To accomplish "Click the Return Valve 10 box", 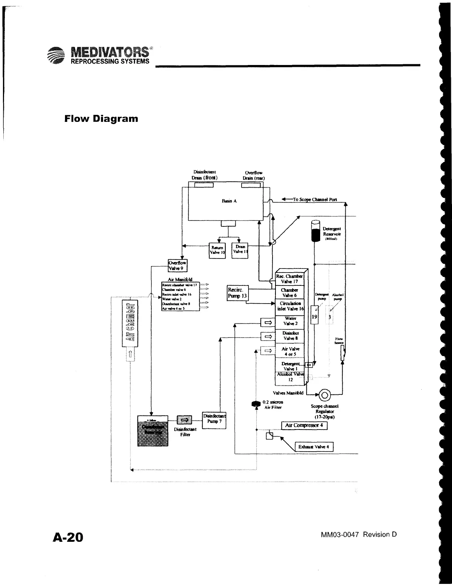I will [217, 250].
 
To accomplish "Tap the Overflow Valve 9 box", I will [177, 266].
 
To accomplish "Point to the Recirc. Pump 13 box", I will [237, 293].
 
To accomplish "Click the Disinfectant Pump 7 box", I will [214, 420].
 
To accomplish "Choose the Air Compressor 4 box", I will [304, 425].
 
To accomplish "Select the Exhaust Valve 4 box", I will [314, 447].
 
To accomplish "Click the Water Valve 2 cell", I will [290, 321].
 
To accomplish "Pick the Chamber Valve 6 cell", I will [290, 292].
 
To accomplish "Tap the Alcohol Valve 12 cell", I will [290, 377].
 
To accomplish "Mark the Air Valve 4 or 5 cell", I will [290, 351].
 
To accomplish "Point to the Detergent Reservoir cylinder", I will [315, 231].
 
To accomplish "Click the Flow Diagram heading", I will [101, 119].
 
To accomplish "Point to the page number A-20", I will [68, 537].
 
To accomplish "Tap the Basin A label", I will [229, 201].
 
